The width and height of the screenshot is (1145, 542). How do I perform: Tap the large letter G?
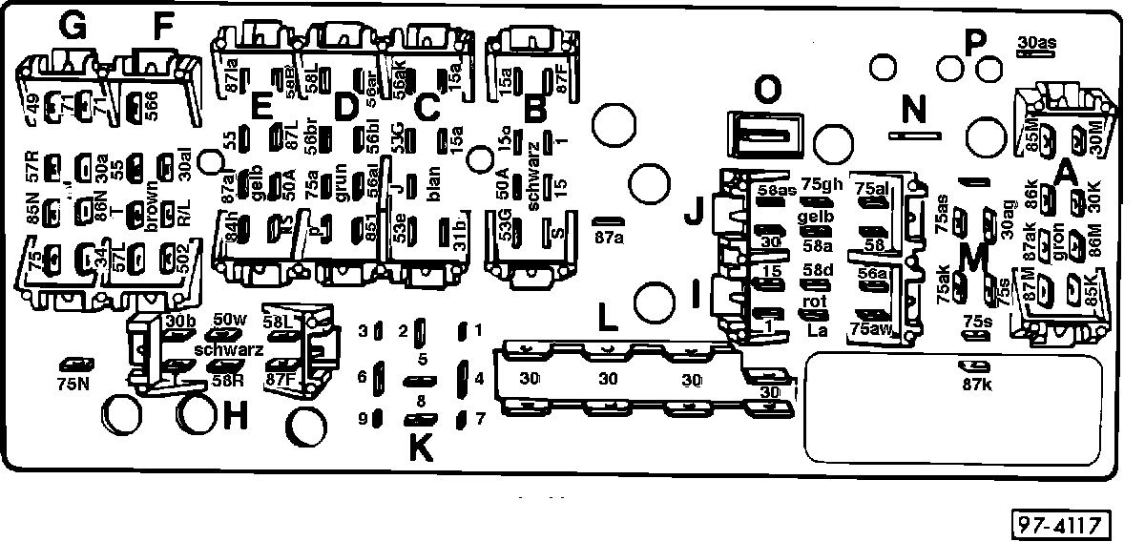pyautogui.click(x=73, y=28)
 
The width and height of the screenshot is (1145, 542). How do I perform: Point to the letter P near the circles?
pyautogui.click(x=974, y=42)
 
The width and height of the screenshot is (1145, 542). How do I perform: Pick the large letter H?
pyautogui.click(x=236, y=415)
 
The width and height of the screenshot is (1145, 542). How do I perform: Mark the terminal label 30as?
pyautogui.click(x=1037, y=42)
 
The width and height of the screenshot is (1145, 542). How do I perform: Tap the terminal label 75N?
pyautogui.click(x=73, y=385)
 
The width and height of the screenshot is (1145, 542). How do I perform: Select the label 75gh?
pyautogui.click(x=822, y=185)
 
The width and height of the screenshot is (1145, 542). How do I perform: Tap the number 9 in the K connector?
pyautogui.click(x=363, y=418)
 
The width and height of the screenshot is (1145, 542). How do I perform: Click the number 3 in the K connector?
pyautogui.click(x=363, y=331)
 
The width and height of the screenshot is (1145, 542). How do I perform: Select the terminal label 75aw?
pyautogui.click(x=870, y=329)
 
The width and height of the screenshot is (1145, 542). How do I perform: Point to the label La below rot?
pyautogui.click(x=816, y=330)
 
